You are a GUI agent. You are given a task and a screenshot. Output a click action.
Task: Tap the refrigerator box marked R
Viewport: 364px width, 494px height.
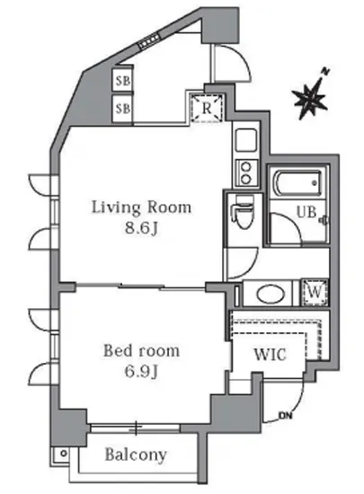click(206, 108)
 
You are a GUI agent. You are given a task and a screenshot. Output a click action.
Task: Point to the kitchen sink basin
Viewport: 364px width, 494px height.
click(244, 142)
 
